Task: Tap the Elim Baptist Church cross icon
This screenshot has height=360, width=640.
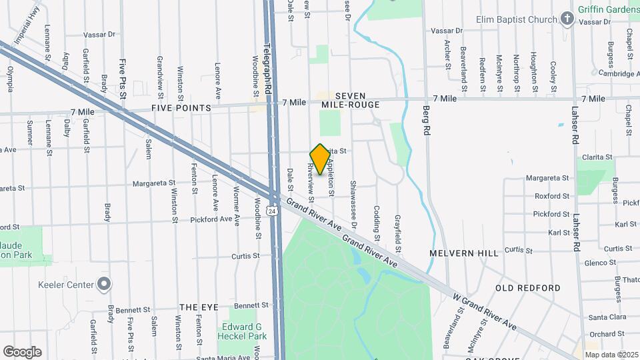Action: [567, 19]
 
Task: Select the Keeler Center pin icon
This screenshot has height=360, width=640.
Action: [103, 285]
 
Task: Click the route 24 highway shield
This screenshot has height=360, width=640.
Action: [272, 211]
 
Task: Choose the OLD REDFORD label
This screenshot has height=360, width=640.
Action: [527, 288]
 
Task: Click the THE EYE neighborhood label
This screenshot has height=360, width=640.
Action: [199, 307]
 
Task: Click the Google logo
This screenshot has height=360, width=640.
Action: [22, 352]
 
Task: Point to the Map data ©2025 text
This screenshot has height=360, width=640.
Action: [611, 355]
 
